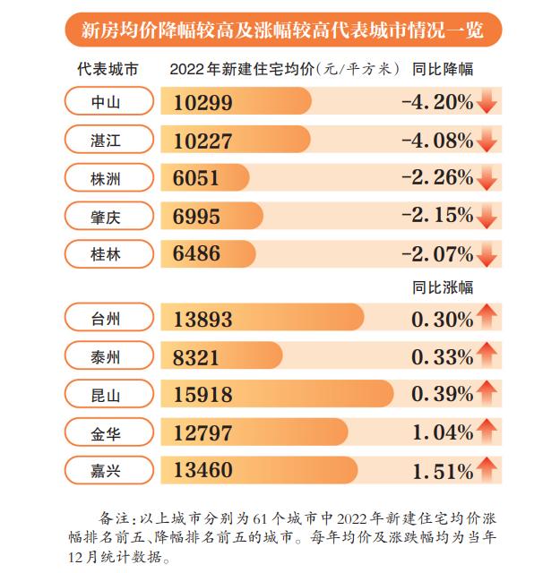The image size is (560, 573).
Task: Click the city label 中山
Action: coord(106,102)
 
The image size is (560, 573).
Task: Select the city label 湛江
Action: coord(106,140)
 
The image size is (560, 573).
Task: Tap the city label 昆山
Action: coord(106,394)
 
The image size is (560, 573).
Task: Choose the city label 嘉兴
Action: coord(106,470)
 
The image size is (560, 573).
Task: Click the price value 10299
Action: coord(203,103)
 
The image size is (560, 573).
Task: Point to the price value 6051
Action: coord(196,178)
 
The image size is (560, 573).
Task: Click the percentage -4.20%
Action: coord(437,102)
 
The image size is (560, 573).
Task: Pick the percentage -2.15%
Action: coord(437,215)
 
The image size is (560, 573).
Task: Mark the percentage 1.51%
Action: coord(442,470)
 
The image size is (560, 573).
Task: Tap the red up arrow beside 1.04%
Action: coord(487,431)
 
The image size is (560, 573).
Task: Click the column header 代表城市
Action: coord(107,69)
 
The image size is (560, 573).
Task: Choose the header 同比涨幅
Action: coord(443,288)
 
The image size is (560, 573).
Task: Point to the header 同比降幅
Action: coord(443,69)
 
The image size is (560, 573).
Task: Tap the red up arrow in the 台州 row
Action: coord(487,316)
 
